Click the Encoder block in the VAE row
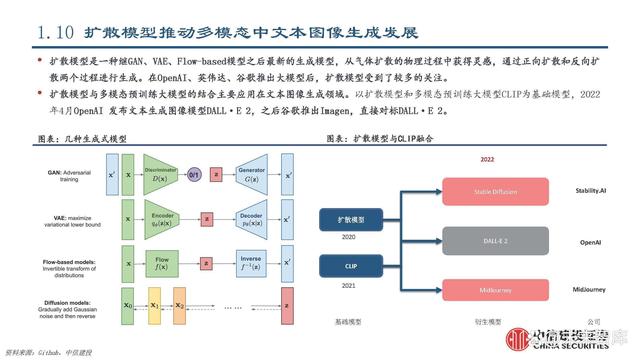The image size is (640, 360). click(x=162, y=220)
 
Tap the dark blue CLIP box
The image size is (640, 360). click(x=349, y=267)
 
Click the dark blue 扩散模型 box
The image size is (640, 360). click(x=349, y=217)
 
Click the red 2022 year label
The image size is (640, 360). click(x=487, y=158)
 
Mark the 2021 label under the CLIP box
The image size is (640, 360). click(x=349, y=287)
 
